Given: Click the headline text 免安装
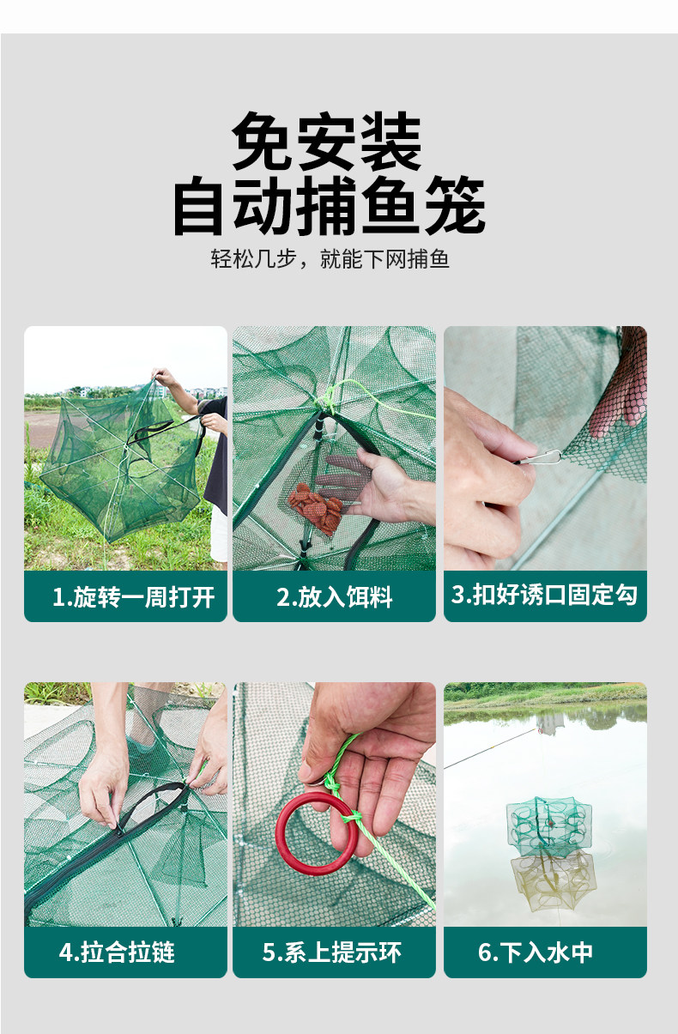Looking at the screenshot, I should pos(327,142).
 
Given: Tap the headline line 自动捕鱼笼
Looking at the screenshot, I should pos(329,207).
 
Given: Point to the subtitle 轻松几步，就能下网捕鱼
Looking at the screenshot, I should pos(330,259).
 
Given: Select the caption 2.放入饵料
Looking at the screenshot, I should pos(334,597).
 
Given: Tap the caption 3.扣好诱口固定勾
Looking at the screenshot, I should pos(544,594).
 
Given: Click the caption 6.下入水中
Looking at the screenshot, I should pos(536,952).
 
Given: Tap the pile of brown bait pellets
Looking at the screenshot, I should pos(315,506).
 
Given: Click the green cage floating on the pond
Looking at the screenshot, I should pos(548,824).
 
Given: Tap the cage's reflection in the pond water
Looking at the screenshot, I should pos(553,880).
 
